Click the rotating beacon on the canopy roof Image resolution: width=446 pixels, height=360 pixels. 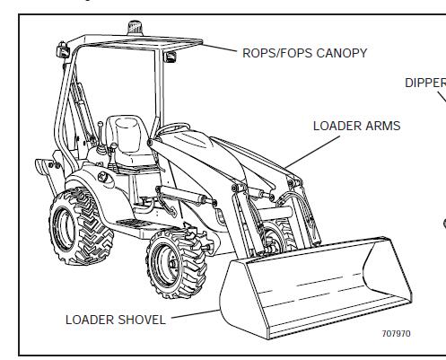pyautogui.click(x=136, y=28)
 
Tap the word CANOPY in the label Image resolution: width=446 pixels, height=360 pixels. pyautogui.click(x=341, y=53)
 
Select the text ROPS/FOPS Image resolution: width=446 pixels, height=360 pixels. pyautogui.click(x=277, y=53)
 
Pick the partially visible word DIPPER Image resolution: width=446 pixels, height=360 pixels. pyautogui.click(x=425, y=83)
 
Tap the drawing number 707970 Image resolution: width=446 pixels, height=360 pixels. pyautogui.click(x=397, y=334)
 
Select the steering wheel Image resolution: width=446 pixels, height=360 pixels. pyautogui.click(x=174, y=127)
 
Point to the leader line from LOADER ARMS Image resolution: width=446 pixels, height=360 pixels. pyautogui.click(x=312, y=152)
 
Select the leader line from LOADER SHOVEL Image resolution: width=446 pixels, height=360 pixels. pyautogui.click(x=196, y=314)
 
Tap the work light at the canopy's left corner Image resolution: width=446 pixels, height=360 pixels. pyautogui.click(x=64, y=50)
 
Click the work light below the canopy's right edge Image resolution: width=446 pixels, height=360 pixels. pyautogui.click(x=170, y=57)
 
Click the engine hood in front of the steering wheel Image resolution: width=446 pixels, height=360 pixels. pyautogui.click(x=191, y=142)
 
